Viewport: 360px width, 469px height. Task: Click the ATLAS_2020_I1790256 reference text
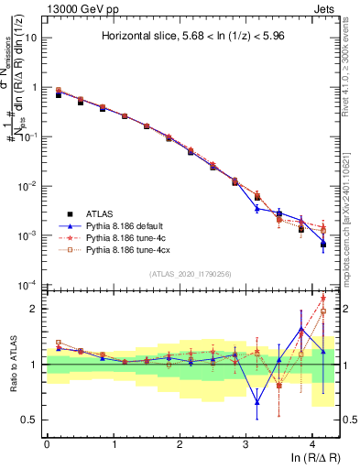pos(191,274)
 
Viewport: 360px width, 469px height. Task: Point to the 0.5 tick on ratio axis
pos(34,420)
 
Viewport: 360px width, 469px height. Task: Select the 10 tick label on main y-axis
pos(32,38)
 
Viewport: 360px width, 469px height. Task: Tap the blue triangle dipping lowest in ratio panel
pos(257,402)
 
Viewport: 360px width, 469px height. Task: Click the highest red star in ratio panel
pos(323,298)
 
